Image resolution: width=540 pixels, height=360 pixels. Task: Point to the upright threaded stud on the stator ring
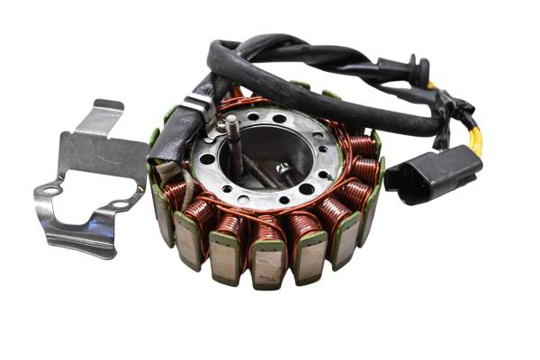coord(232,132)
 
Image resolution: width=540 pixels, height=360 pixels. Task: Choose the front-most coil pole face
coord(268,266)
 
